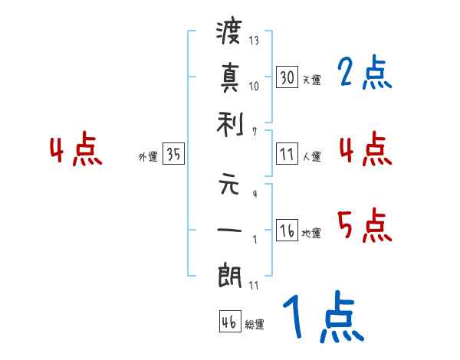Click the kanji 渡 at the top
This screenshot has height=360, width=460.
click(x=229, y=33)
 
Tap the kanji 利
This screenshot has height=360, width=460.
click(x=229, y=121)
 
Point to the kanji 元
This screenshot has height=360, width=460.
click(x=229, y=186)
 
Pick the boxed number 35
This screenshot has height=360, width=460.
click(x=173, y=155)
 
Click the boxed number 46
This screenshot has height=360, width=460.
click(x=229, y=322)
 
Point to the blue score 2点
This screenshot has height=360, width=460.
click(x=364, y=74)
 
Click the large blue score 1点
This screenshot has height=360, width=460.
click(x=322, y=318)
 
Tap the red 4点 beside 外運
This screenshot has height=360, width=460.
click(x=75, y=151)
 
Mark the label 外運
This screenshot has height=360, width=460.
click(x=148, y=157)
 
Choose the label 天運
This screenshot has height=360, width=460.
click(x=311, y=80)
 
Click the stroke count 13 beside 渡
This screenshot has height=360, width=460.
click(x=254, y=40)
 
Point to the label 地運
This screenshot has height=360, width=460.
click(x=311, y=234)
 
